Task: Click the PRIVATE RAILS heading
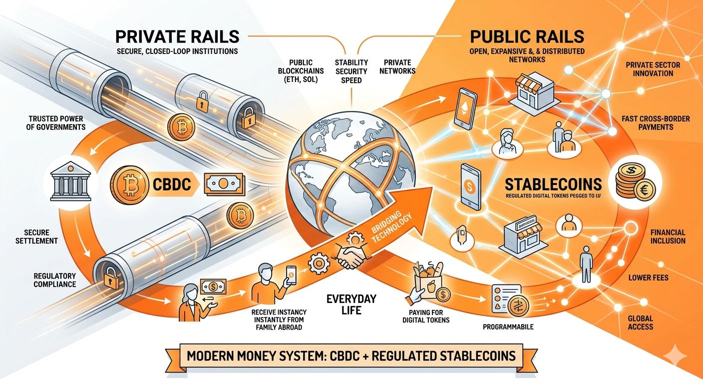coord(177,37)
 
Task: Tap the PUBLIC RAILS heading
coord(527,37)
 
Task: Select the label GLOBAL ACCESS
coord(641,322)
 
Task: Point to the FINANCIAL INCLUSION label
coord(668,236)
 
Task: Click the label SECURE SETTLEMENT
coord(41,236)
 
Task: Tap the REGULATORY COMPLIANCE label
coord(55,280)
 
